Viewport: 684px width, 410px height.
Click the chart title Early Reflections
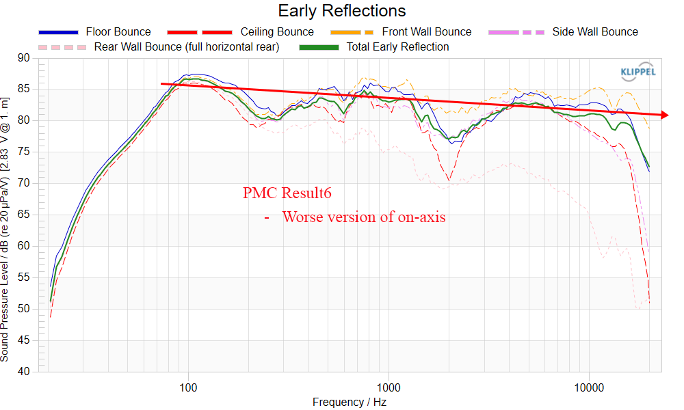tap(341, 11)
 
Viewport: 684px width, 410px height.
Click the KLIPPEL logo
tap(637, 71)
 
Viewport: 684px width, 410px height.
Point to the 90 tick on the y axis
tap(27, 58)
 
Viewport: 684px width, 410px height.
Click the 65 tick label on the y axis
tap(27, 215)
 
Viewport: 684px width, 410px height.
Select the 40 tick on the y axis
tap(27, 372)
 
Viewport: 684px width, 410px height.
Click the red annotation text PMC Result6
tap(287, 193)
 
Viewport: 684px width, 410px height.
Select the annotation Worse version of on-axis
tap(363, 217)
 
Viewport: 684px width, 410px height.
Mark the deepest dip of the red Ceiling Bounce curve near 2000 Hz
tap(449, 180)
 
